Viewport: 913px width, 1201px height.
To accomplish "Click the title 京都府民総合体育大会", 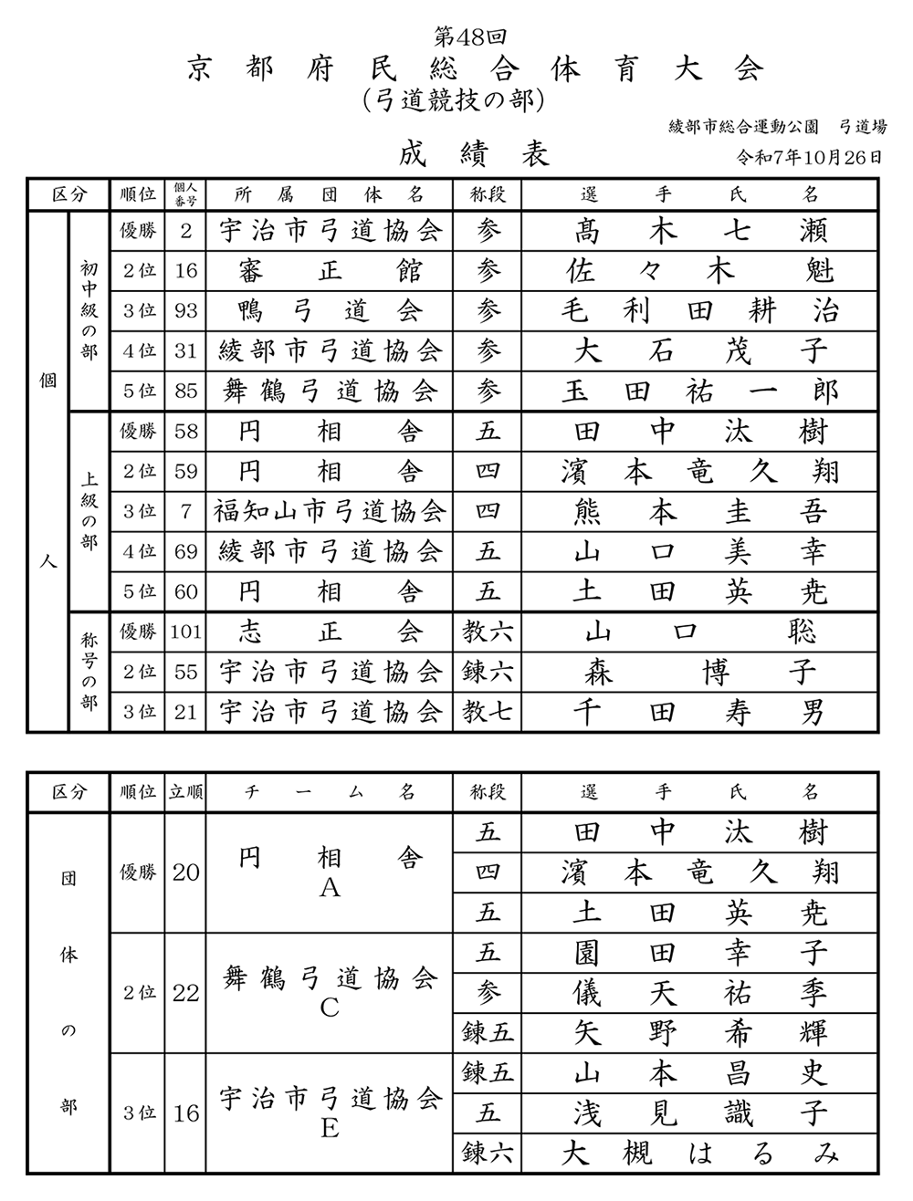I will click(x=474, y=69).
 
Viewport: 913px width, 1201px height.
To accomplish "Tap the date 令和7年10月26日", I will click(x=810, y=156).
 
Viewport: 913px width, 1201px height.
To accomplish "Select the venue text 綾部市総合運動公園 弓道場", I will click(x=777, y=126).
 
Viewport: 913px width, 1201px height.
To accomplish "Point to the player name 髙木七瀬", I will click(x=700, y=231).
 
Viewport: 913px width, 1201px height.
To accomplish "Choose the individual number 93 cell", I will click(x=186, y=311).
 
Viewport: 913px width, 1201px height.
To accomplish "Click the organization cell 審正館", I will click(x=330, y=271).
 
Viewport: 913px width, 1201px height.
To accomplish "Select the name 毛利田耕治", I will click(x=700, y=311).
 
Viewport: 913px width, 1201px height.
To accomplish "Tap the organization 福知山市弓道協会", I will click(x=330, y=511).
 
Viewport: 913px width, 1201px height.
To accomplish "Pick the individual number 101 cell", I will click(x=186, y=632).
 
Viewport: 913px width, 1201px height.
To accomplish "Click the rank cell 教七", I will click(x=488, y=711).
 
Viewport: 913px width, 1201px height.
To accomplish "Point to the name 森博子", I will click(x=700, y=672).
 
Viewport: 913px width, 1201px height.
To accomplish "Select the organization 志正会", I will click(x=330, y=632).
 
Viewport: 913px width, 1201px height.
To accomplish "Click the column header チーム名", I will click(x=330, y=792).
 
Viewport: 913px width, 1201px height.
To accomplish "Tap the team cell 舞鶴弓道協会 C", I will click(x=330, y=992).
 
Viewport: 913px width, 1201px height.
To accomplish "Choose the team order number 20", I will click(x=186, y=872).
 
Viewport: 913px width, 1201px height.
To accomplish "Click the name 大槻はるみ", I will click(x=700, y=1153).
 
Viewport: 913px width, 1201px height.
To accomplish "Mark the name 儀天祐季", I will click(x=700, y=992).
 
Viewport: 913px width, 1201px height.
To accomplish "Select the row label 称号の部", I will click(x=89, y=672).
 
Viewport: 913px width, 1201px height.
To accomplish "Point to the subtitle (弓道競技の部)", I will click(x=454, y=99).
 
